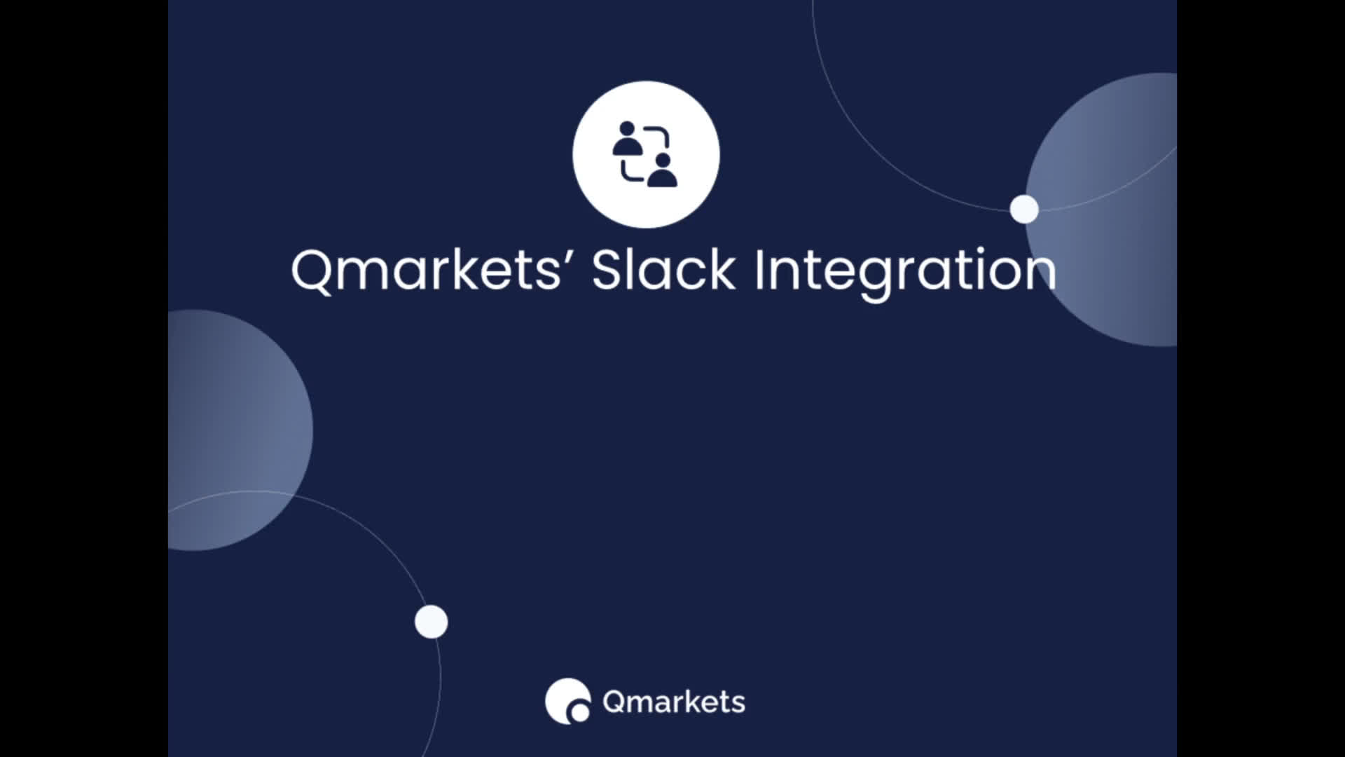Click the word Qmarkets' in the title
427,270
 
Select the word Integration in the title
904,274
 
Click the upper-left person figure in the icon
627,138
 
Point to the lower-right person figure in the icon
662,170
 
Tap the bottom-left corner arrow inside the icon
632,171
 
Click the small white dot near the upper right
1024,209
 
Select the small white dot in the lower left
431,622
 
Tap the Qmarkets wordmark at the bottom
674,702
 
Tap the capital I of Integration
759,269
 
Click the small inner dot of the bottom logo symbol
580,713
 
